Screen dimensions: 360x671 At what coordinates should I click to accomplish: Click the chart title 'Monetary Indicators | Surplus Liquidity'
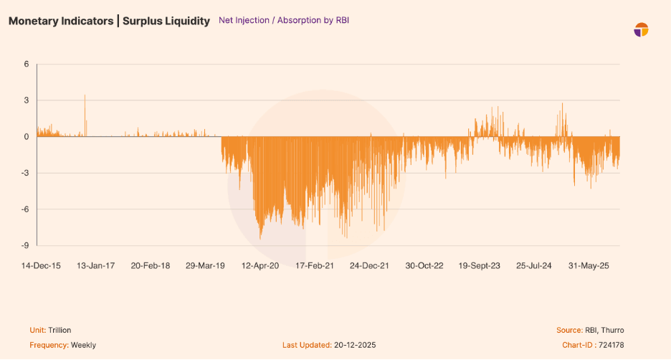[x=110, y=21]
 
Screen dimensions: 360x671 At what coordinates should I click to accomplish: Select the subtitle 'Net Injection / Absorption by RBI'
[x=283, y=21]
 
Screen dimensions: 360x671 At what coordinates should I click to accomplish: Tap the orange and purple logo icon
[x=641, y=29]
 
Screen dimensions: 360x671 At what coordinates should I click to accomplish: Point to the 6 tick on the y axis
[x=27, y=64]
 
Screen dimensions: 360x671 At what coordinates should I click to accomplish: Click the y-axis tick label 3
[x=27, y=100]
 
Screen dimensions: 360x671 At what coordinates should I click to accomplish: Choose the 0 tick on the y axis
[x=27, y=136]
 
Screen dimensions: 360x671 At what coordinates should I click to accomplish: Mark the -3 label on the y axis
[x=24, y=173]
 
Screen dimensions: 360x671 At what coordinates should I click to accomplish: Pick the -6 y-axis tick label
[x=24, y=209]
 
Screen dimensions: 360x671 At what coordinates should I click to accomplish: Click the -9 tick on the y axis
[x=24, y=245]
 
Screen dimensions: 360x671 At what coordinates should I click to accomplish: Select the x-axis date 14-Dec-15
[x=41, y=265]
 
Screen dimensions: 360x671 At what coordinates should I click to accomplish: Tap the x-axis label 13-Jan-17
[x=96, y=265]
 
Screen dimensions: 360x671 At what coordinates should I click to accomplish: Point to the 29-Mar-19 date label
[x=206, y=265]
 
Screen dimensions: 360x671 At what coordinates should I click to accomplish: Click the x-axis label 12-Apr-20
[x=259, y=265]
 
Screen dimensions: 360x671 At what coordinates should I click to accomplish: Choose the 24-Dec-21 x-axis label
[x=369, y=265]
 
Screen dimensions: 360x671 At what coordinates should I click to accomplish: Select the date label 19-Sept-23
[x=480, y=265]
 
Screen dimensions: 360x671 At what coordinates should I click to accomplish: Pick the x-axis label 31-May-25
[x=589, y=265]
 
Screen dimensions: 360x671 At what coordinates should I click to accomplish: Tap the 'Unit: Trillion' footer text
[x=54, y=330]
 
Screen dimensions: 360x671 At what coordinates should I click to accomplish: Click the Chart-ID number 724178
[x=609, y=345]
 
